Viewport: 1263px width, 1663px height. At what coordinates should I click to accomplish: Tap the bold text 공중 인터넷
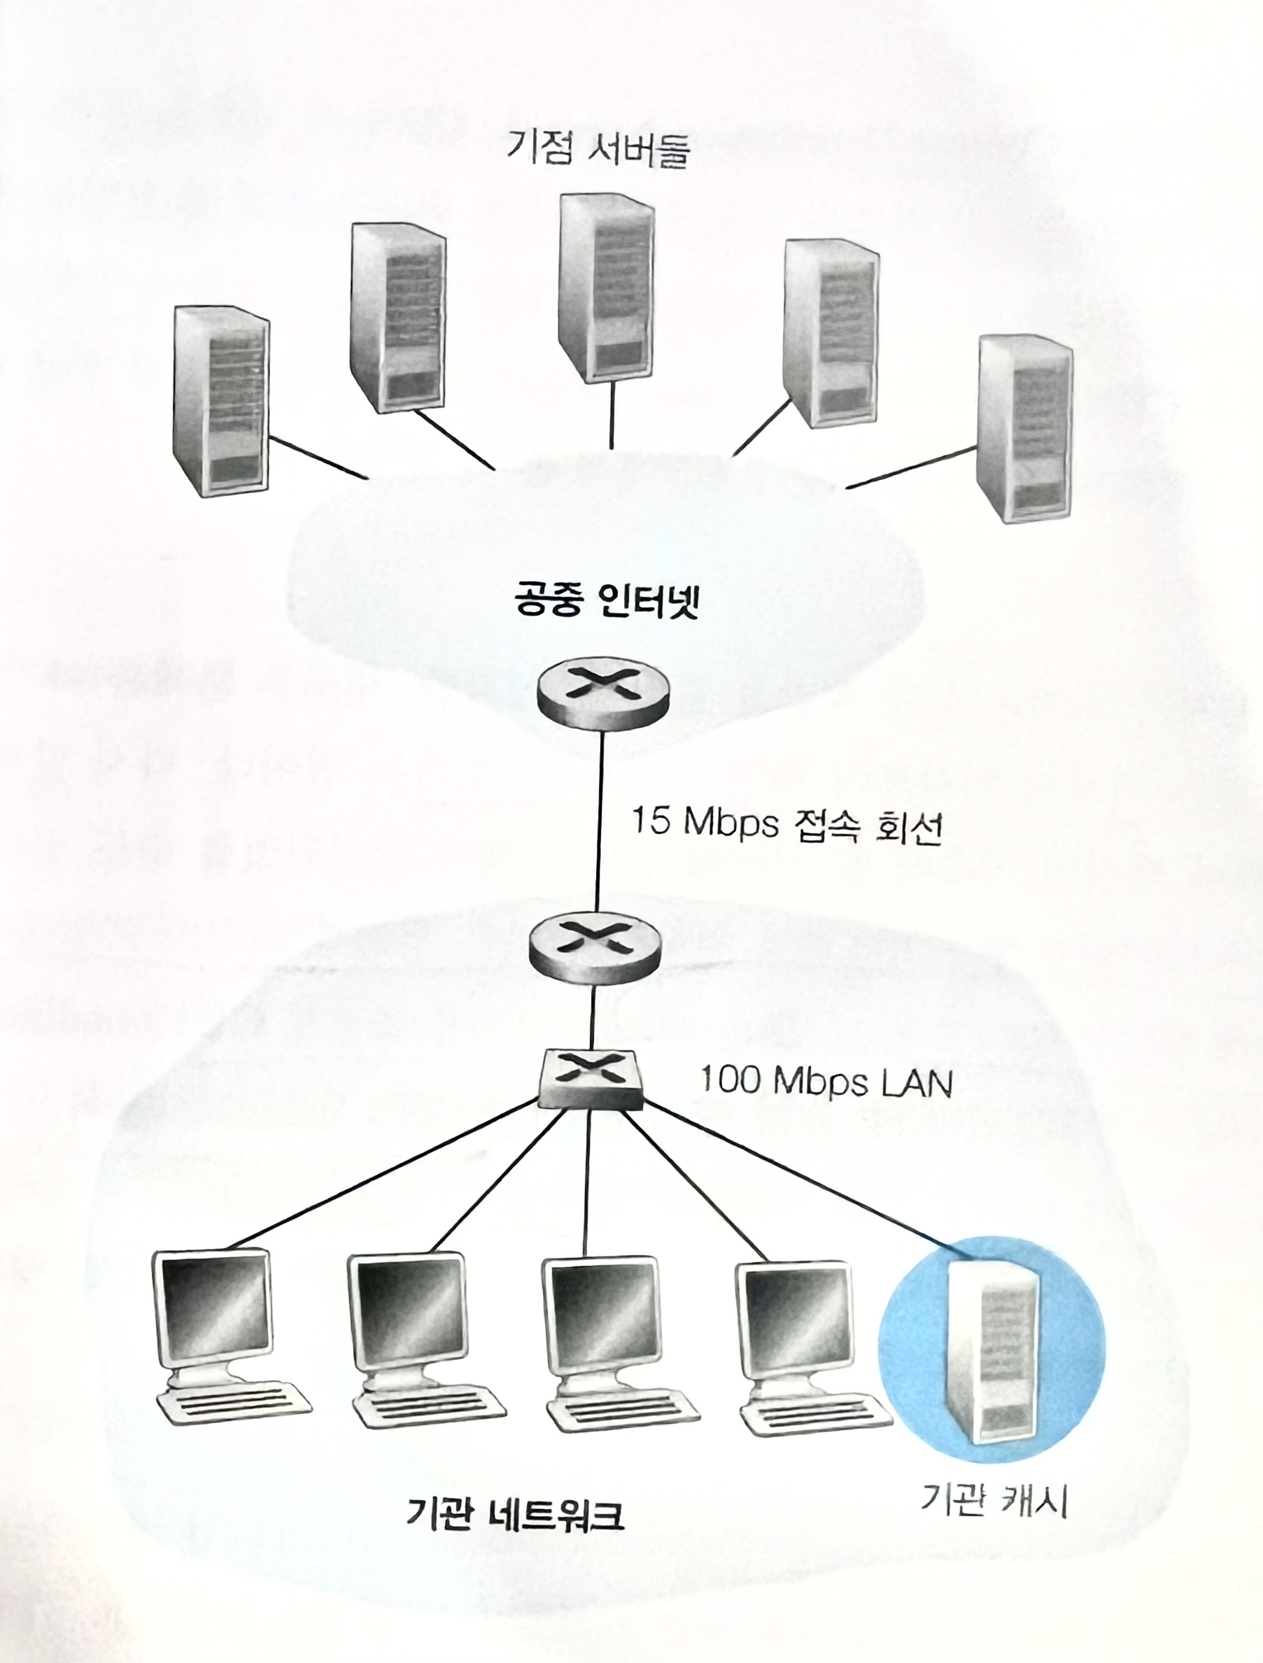607,599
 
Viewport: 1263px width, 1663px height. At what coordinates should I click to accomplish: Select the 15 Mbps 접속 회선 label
786,824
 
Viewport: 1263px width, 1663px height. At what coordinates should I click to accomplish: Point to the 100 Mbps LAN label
826,1082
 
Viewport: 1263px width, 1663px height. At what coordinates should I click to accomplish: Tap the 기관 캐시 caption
994,1480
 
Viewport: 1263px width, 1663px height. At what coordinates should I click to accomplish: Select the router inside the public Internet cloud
603,693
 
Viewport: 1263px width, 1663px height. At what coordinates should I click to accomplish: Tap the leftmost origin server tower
221,400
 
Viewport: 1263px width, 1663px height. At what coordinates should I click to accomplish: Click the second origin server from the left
397,317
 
